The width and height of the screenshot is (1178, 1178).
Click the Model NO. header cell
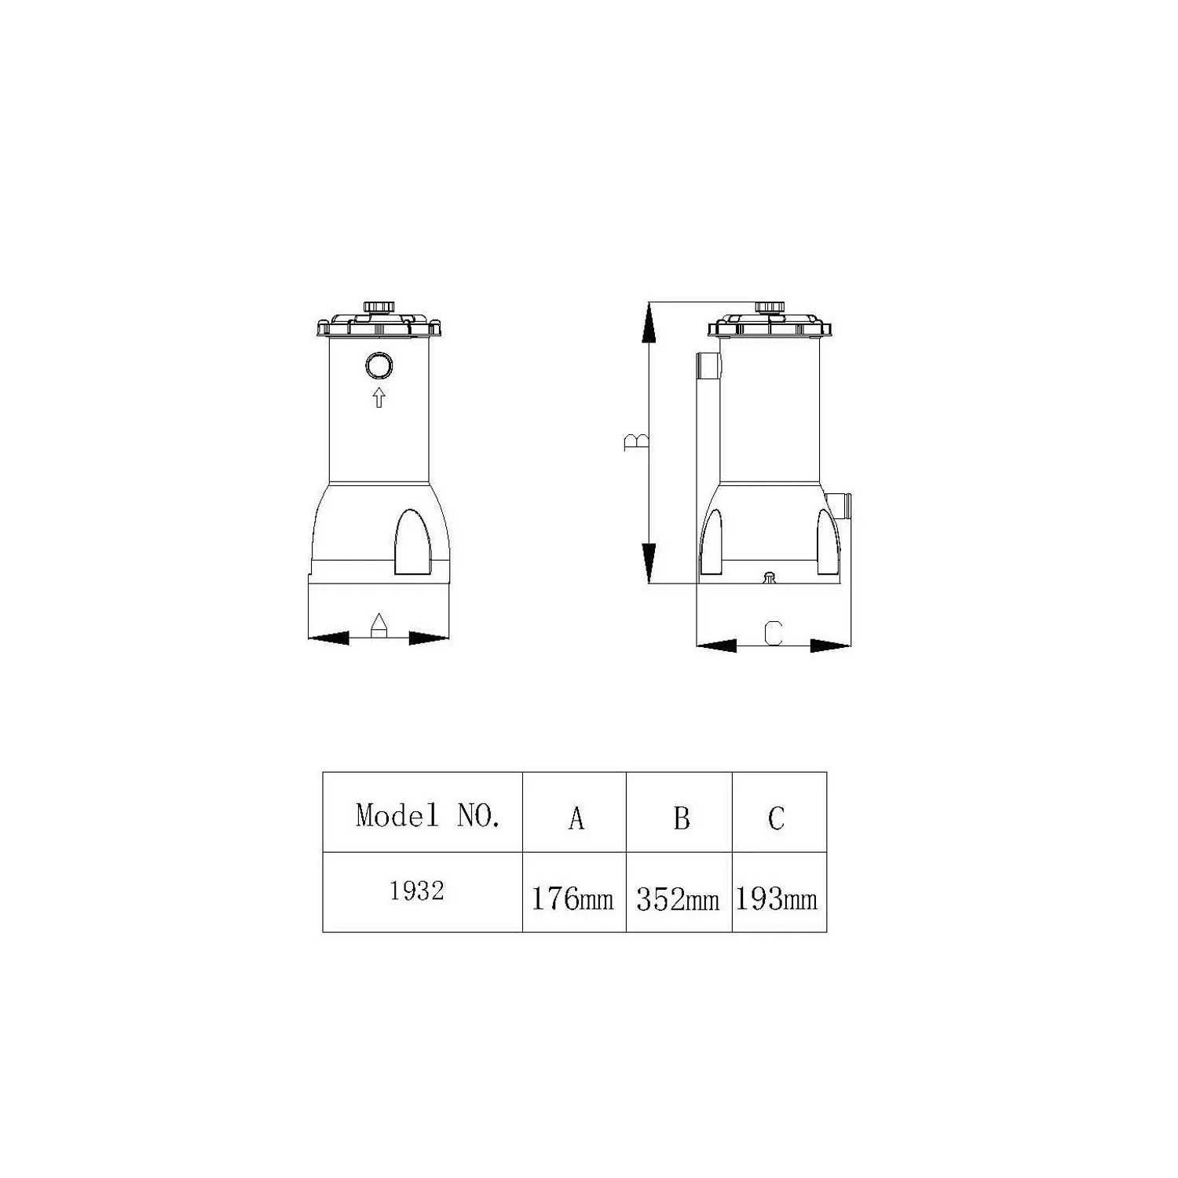(x=427, y=815)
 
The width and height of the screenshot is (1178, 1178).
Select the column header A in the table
(x=576, y=818)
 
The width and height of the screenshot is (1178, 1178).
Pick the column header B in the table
(x=681, y=818)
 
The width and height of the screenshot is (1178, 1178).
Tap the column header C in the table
(x=776, y=818)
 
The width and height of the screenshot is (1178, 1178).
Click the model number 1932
(x=417, y=891)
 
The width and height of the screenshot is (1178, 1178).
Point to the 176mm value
(x=573, y=898)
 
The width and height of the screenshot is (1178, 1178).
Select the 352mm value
(x=678, y=898)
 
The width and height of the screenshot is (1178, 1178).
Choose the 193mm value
(x=777, y=898)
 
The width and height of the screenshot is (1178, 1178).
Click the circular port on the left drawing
(x=379, y=366)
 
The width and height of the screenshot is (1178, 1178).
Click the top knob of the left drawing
(x=375, y=307)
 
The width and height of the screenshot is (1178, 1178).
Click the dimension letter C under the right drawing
(x=774, y=632)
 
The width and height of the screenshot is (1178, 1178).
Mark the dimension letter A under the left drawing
(x=379, y=625)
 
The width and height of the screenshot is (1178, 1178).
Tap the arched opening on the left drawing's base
(x=412, y=542)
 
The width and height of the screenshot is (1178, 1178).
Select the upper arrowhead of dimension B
(x=648, y=324)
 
